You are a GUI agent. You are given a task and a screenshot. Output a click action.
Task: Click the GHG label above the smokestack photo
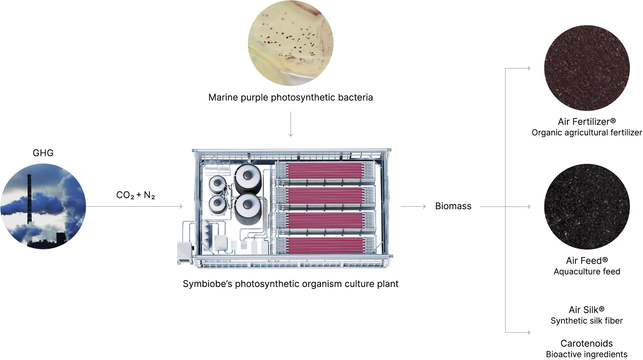coord(43,153)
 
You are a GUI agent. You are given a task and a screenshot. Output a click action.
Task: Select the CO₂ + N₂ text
coord(135,195)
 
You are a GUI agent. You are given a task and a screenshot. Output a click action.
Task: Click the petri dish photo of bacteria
coord(290,43)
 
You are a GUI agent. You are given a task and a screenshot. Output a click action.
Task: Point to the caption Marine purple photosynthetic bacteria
coord(290,97)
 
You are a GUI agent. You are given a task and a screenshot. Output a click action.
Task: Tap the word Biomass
coord(453,206)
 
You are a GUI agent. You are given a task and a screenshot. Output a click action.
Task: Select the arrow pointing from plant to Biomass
coord(413,207)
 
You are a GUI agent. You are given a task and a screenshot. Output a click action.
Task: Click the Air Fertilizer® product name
coord(586,122)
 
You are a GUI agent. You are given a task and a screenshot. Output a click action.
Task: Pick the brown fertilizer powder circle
coord(587,68)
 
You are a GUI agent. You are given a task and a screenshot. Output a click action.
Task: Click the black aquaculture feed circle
coord(587,207)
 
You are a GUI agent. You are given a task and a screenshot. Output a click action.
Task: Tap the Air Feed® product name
coord(587,261)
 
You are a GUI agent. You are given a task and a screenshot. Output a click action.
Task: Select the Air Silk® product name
coord(586,310)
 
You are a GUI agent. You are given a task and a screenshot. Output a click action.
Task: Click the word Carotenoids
coord(586,343)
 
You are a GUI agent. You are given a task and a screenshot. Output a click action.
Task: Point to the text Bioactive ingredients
coord(586,354)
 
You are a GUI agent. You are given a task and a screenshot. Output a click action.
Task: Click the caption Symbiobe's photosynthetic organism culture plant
coord(290,284)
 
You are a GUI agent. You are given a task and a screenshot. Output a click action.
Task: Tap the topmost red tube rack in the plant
coord(325,171)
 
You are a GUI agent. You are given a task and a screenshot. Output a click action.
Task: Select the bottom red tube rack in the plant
coord(325,245)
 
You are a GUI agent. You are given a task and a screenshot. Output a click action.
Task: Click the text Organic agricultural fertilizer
coord(587,133)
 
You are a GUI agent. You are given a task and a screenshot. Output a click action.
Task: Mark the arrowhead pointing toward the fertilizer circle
coord(529,69)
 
